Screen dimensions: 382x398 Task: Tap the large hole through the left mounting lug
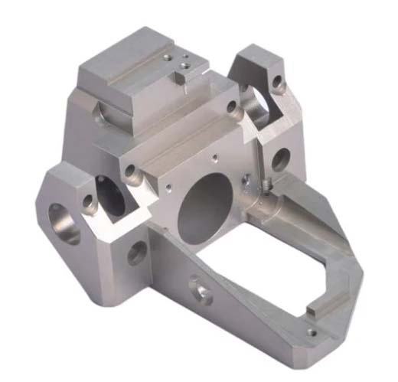pos(65,223)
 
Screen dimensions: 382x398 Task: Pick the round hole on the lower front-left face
pos(138,252)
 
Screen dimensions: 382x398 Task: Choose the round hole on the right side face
pos(280,159)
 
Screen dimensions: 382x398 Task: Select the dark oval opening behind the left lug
pos(111,195)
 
